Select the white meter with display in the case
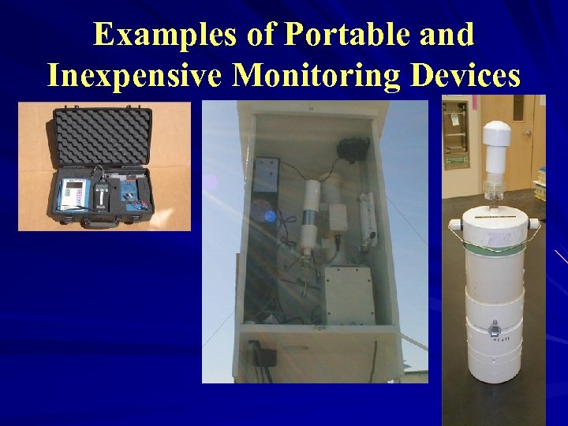click(73, 192)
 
